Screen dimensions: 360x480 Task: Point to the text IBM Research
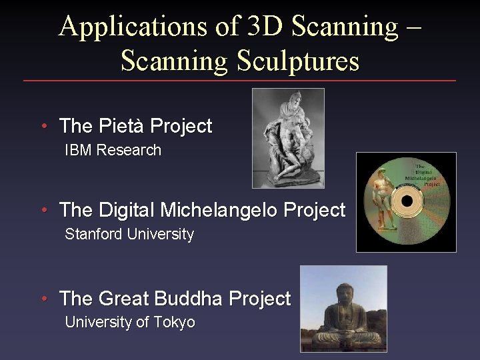click(x=113, y=150)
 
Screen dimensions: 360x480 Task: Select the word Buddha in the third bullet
click(x=187, y=299)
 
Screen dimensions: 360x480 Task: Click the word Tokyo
click(x=174, y=323)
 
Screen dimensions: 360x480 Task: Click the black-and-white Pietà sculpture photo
click(x=288, y=138)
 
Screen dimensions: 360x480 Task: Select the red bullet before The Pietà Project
click(x=43, y=127)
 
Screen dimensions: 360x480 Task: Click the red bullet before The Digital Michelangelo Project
click(x=43, y=211)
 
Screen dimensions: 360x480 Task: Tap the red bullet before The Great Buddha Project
click(x=43, y=299)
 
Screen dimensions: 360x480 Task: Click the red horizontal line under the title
click(x=240, y=81)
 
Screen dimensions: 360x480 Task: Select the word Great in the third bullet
click(x=123, y=299)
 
